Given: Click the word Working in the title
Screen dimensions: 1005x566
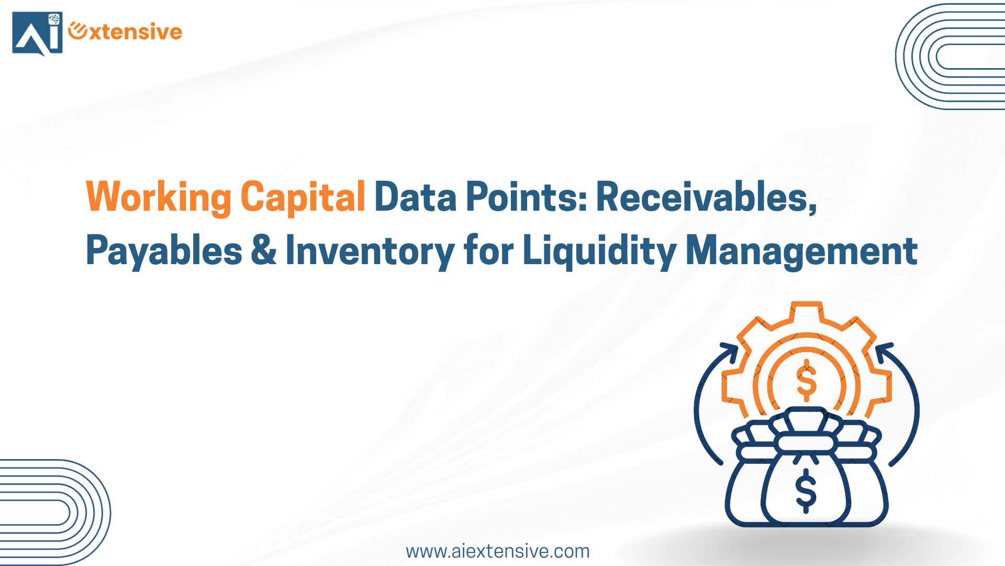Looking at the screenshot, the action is (x=159, y=197).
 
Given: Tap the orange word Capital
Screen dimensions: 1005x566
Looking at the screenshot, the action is (x=303, y=197).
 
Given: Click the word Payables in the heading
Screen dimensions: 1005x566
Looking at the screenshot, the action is (x=164, y=251).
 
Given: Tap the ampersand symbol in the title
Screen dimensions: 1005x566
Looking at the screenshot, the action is (x=263, y=250).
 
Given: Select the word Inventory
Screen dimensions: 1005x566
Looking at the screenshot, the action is (x=370, y=252).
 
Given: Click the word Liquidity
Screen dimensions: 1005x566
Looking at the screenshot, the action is (x=600, y=251).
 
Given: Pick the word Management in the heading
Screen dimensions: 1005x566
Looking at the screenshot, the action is (x=801, y=252).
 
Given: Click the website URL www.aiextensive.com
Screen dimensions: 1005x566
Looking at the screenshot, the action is (x=498, y=551).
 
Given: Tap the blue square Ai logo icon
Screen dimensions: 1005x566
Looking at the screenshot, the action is (x=37, y=33).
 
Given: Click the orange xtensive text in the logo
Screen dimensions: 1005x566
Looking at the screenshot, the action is (x=126, y=31).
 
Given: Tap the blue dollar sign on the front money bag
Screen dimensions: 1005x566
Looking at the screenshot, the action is (x=806, y=491).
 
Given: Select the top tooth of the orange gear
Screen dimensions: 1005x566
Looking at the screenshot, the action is (x=806, y=310).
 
